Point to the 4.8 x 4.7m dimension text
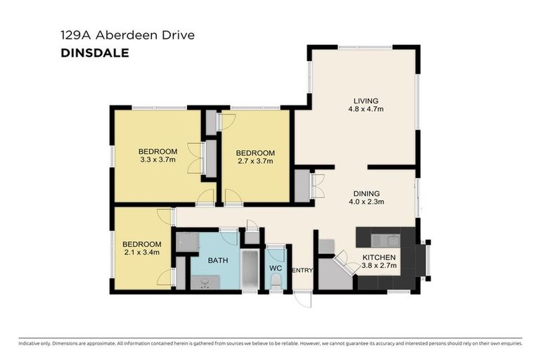click(365, 109)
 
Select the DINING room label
click(366, 193)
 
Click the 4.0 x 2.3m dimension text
click(366, 202)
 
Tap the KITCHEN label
click(379, 257)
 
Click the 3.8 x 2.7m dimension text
click(379, 266)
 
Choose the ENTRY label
click(302, 271)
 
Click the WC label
click(276, 268)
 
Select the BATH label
click(218, 261)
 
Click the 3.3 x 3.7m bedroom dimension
click(157, 160)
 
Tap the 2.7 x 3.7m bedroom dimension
click(255, 162)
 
